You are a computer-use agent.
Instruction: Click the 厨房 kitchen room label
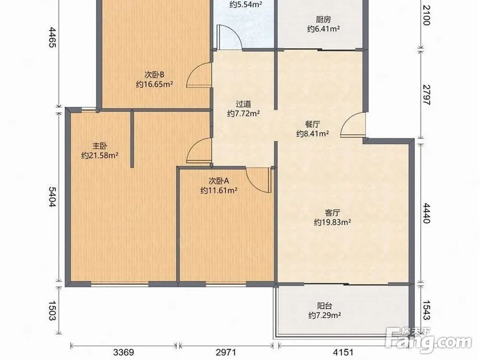click(x=324, y=20)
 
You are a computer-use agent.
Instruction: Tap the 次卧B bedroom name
click(x=155, y=75)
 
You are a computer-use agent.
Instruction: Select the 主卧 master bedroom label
click(x=100, y=146)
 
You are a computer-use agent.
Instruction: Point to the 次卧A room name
click(x=219, y=181)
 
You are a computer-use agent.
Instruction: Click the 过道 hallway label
click(x=243, y=104)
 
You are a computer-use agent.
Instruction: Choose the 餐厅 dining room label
click(x=312, y=124)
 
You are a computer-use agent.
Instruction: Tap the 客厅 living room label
click(x=333, y=213)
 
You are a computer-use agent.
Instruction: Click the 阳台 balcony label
click(x=325, y=305)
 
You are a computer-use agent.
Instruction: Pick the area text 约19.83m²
click(x=333, y=222)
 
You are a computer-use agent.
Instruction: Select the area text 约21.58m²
click(x=100, y=156)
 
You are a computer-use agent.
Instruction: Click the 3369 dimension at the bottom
click(x=124, y=352)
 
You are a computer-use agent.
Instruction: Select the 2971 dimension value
click(x=226, y=352)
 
